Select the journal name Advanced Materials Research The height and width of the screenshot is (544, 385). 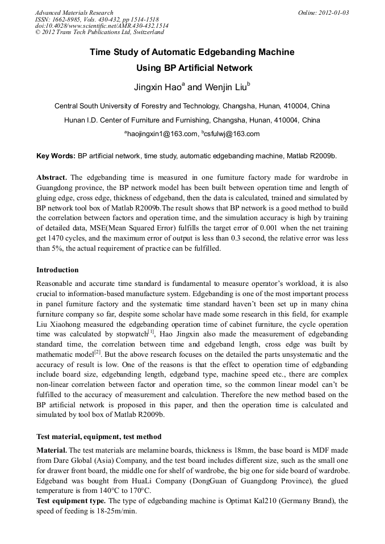pyautogui.click(x=74, y=12)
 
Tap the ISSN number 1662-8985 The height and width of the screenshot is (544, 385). pyautogui.click(x=67, y=19)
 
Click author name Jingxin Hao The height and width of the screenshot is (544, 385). pyautogui.click(x=156, y=87)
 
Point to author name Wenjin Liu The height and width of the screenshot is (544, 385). pyautogui.click(x=221, y=87)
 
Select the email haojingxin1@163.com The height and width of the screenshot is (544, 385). pyautogui.click(x=161, y=134)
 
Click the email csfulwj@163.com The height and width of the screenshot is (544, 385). pyautogui.click(x=232, y=134)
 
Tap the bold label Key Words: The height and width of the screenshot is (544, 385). pyautogui.click(x=56, y=155)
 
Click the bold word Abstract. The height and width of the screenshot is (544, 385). pyautogui.click(x=52, y=177)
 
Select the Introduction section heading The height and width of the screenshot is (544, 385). pyautogui.click(x=57, y=270)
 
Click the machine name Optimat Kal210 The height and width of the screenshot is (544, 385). pyautogui.click(x=244, y=501)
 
